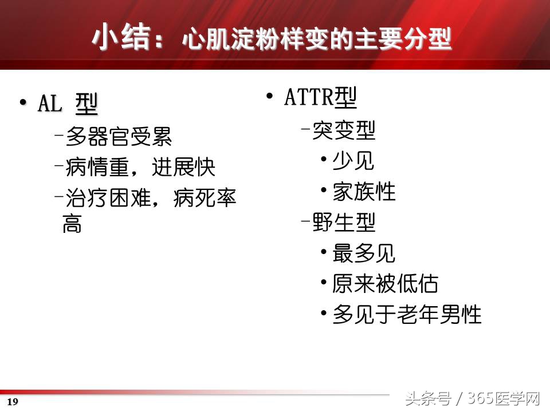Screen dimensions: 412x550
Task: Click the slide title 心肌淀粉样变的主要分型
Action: click(x=316, y=41)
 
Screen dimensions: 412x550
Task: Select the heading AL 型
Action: click(x=68, y=105)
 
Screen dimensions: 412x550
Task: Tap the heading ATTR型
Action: click(x=321, y=98)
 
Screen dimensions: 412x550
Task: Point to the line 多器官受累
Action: click(x=119, y=137)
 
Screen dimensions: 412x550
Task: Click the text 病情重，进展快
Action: click(x=140, y=168)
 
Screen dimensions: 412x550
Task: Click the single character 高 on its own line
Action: click(x=72, y=224)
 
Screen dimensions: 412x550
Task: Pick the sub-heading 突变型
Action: click(x=344, y=131)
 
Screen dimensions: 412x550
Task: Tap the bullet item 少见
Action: click(x=353, y=161)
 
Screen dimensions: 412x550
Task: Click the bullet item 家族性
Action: click(x=364, y=192)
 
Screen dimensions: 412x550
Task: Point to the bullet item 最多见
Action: click(x=364, y=253)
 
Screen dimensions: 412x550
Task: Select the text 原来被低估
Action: click(x=385, y=283)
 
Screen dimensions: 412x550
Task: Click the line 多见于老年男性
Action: click(x=407, y=314)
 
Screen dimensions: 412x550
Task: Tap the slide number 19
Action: click(x=13, y=402)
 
